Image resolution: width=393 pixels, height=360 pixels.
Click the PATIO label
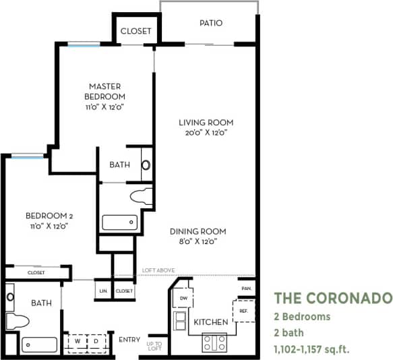click(x=210, y=24)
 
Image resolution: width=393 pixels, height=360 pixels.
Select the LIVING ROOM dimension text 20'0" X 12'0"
click(x=206, y=133)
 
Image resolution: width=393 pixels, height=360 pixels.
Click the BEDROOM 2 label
click(x=49, y=216)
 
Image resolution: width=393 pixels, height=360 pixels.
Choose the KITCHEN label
click(x=211, y=322)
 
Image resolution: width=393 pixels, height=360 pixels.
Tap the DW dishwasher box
click(x=183, y=297)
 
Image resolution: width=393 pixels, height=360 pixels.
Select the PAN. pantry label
click(x=246, y=289)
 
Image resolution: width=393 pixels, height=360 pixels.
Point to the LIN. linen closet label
click(x=103, y=291)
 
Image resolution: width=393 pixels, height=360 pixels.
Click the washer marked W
click(x=78, y=340)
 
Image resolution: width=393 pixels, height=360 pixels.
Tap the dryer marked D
click(x=96, y=340)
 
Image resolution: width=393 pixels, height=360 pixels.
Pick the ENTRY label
click(x=129, y=339)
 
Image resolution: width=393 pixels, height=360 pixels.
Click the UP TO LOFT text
click(x=154, y=345)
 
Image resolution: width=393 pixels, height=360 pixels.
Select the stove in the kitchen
click(x=215, y=342)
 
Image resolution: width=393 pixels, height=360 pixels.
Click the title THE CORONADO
click(x=332, y=297)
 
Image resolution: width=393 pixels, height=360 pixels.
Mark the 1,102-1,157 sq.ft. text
click(x=311, y=349)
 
